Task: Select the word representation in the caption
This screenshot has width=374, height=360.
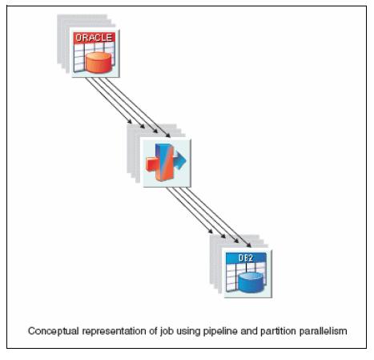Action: [x=113, y=330]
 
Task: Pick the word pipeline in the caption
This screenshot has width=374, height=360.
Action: [x=226, y=330]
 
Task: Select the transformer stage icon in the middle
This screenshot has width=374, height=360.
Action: [x=165, y=161]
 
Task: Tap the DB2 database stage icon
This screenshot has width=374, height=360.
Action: [x=247, y=273]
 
